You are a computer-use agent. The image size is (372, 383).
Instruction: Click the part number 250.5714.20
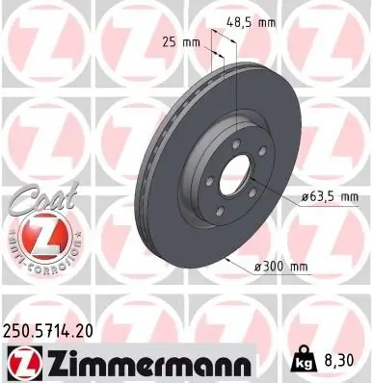(x=55, y=329)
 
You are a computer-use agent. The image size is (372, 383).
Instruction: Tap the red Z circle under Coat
(x=36, y=233)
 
